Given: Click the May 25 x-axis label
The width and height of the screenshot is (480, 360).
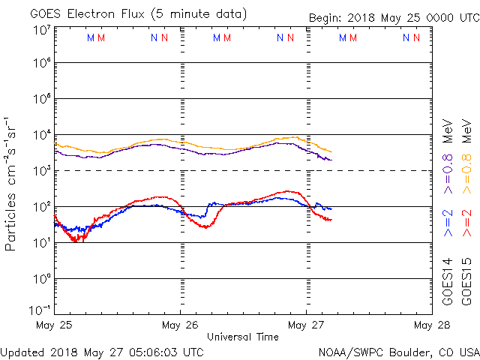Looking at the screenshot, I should click(54, 325).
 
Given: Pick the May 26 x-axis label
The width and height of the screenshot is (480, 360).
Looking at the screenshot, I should click(180, 325).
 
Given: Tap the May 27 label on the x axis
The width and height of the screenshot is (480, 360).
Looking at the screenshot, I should click(306, 325).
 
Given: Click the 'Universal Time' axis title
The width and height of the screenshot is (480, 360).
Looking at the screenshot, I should click(243, 337).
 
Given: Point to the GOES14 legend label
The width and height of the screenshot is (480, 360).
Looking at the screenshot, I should click(448, 280).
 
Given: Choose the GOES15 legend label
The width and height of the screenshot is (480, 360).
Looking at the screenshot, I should click(467, 280).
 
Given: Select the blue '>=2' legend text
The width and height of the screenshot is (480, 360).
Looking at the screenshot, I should click(448, 223).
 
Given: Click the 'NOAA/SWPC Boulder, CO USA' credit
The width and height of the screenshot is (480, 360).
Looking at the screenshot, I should click(398, 351).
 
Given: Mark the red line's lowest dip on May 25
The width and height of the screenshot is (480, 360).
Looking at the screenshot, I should click(76, 241).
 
